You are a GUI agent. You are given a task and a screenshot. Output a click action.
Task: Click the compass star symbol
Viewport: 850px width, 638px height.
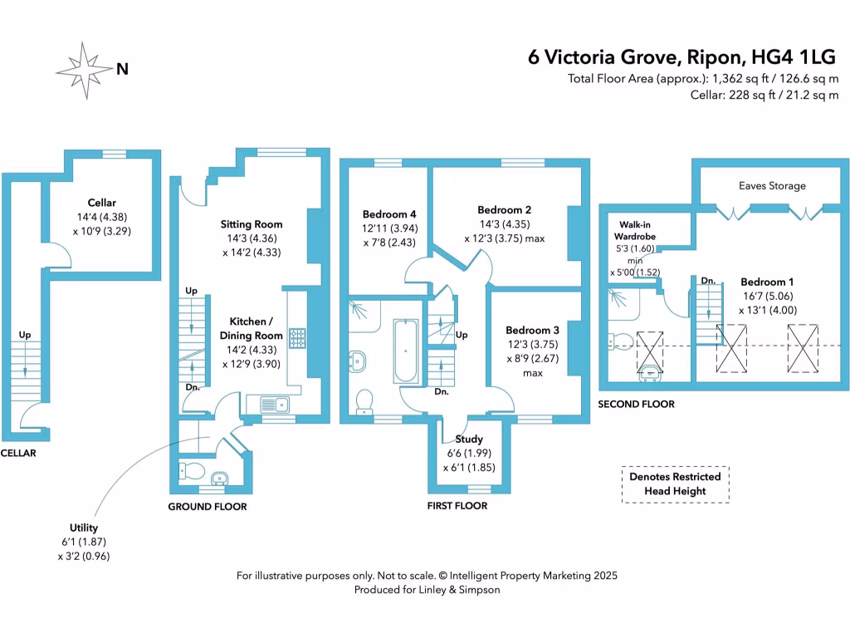click(x=86, y=71)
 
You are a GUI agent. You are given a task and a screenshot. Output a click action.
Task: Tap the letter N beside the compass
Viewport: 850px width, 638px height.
click(x=122, y=71)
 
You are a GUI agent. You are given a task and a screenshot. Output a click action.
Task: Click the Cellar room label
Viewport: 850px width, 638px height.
click(x=101, y=203)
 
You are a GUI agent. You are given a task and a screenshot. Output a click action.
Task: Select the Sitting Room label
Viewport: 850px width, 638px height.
click(x=251, y=224)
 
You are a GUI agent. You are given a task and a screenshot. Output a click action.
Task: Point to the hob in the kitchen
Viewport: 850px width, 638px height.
click(x=296, y=337)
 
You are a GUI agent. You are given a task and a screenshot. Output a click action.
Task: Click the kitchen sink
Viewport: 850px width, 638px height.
click(x=273, y=405)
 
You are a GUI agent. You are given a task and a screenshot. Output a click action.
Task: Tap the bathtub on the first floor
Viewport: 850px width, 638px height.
click(x=406, y=351)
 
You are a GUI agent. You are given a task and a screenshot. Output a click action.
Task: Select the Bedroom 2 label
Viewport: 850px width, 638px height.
click(x=504, y=209)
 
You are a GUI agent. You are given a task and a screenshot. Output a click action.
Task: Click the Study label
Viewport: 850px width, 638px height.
click(x=469, y=439)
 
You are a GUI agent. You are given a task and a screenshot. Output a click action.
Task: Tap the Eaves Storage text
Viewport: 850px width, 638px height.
click(x=772, y=185)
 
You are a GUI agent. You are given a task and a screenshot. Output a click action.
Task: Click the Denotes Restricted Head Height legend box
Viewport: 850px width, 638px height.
click(x=675, y=483)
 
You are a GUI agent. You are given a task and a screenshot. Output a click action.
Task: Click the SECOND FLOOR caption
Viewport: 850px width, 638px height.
click(x=637, y=404)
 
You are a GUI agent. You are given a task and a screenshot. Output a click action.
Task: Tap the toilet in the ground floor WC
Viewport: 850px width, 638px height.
click(x=192, y=471)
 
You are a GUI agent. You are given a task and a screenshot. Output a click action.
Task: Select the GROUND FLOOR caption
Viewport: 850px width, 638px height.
click(x=208, y=506)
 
